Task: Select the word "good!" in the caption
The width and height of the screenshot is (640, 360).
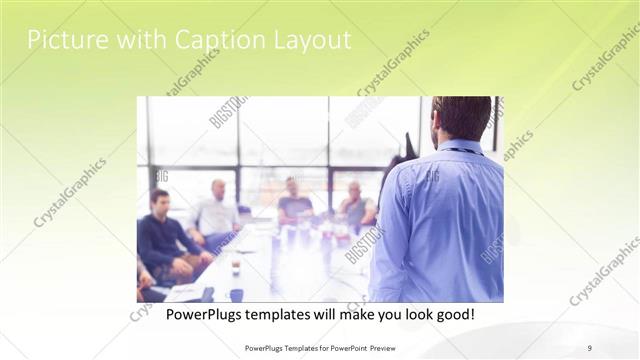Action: tap(453, 314)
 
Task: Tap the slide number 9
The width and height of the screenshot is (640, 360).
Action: tap(589, 347)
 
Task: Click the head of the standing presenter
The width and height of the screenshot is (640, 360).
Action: tap(461, 118)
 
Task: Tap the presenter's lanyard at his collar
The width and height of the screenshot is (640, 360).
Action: tap(461, 151)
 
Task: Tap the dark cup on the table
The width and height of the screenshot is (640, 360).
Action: tap(236, 267)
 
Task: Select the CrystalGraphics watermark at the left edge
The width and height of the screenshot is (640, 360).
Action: tap(69, 192)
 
